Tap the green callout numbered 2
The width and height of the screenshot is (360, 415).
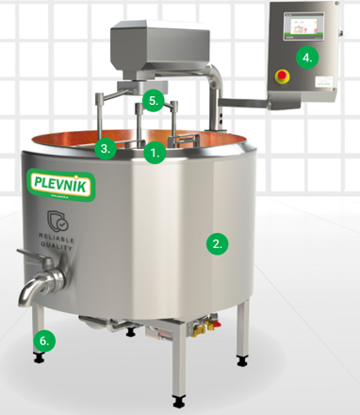coord(217,242)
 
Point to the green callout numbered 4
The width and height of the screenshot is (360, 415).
coord(306,57)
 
